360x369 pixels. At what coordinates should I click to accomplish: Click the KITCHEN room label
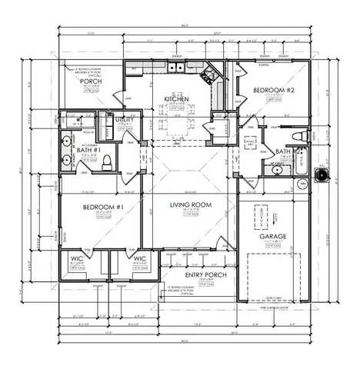pyautogui.click(x=176, y=99)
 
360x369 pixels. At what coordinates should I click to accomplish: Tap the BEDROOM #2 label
pyautogui.click(x=271, y=91)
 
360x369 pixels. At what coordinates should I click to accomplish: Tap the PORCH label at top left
pyautogui.click(x=92, y=82)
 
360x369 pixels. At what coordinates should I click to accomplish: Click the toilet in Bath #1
pyautogui.click(x=108, y=162)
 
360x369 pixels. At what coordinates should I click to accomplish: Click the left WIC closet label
pyautogui.click(x=77, y=259)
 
